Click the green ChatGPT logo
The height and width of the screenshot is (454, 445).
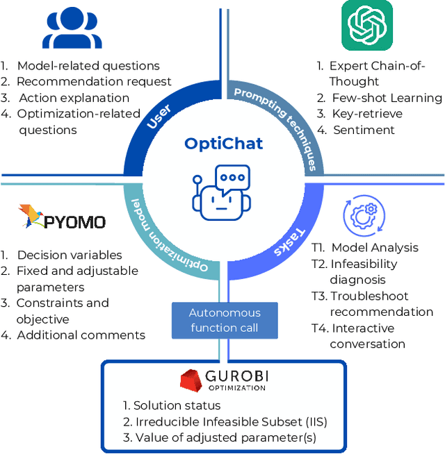click(x=367, y=26)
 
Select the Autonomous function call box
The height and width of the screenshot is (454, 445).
click(x=225, y=321)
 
